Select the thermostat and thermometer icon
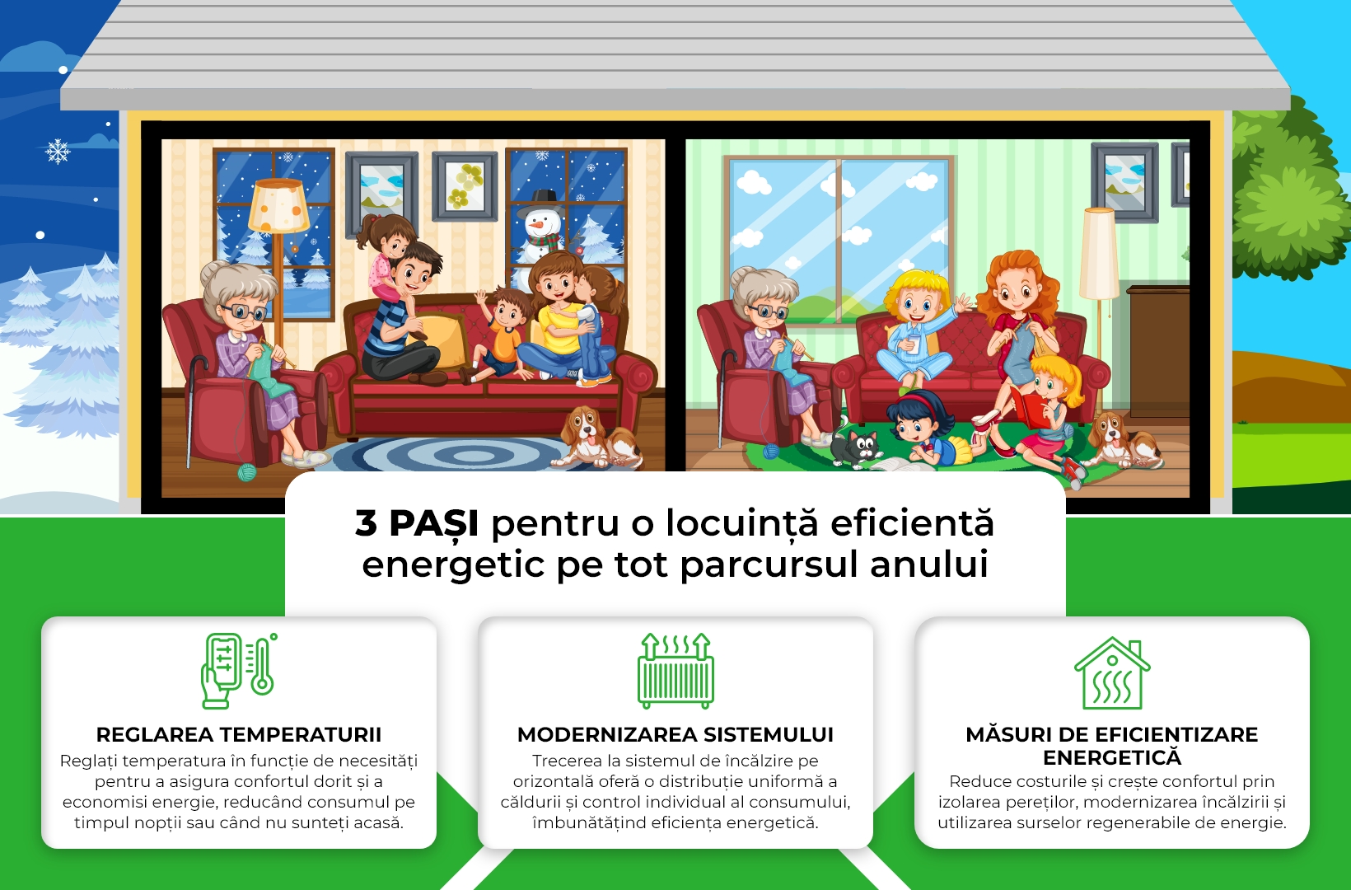tap(239, 670)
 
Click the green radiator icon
tap(675, 670)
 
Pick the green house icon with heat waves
tap(1112, 672)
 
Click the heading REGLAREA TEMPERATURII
tap(239, 734)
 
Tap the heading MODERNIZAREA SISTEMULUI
tap(675, 734)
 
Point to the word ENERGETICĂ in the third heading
tap(1112, 756)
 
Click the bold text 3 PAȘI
tap(417, 522)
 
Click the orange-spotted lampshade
tap(278, 206)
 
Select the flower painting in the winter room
tap(465, 186)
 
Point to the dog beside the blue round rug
tap(597, 438)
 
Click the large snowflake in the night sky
tap(58, 151)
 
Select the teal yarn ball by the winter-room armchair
tap(246, 472)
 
